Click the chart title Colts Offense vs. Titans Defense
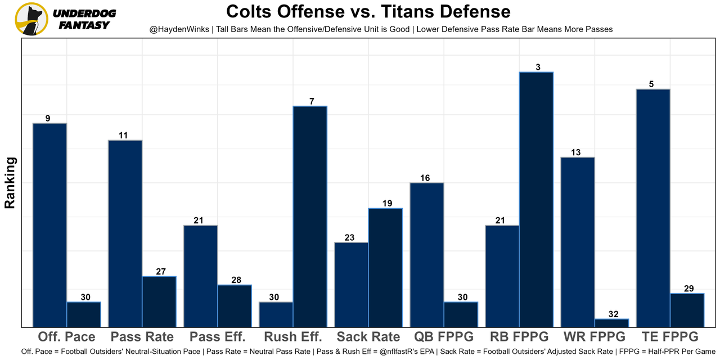pos(368,11)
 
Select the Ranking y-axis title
pos(10,183)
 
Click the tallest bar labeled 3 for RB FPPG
pos(536,199)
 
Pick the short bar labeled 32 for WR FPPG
pos(611,323)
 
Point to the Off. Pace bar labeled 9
pos(50,224)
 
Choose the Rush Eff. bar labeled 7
pos(310,216)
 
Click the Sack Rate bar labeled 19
pos(385,267)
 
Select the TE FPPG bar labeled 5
pos(653,208)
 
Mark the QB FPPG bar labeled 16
pos(427,254)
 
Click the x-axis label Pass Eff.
pos(217,337)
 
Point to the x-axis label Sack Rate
pos(368,337)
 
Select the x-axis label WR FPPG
pos(595,337)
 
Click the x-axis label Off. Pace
pos(66,337)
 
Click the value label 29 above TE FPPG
pos(688,289)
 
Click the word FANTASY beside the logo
pos(84,25)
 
